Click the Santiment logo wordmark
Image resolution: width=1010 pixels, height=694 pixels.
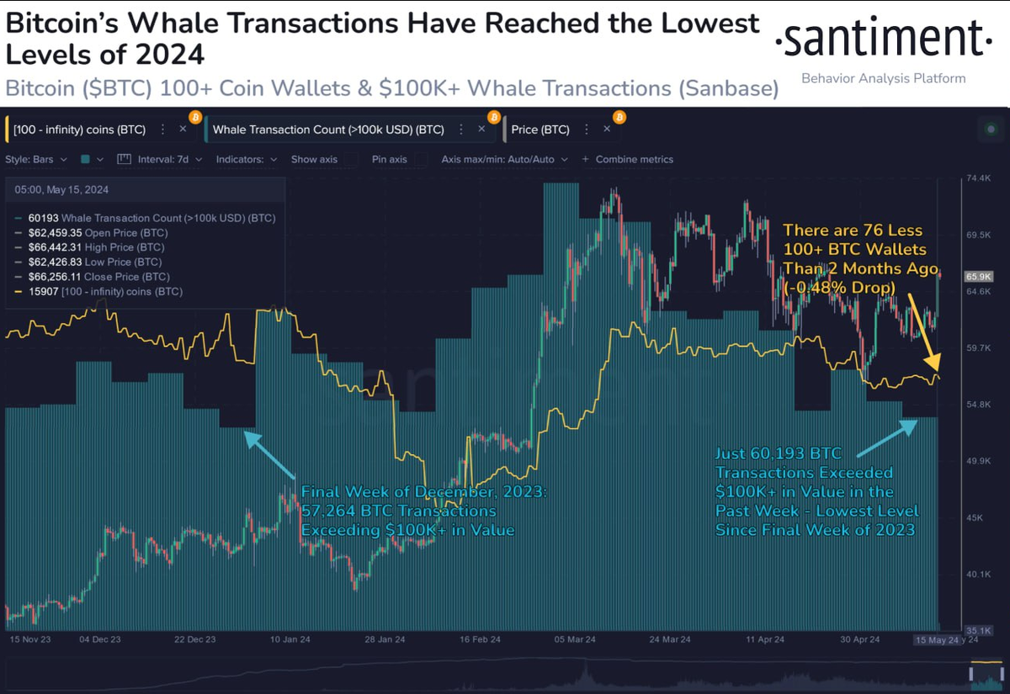coord(881,39)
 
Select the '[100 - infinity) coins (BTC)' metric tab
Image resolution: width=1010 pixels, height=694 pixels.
coord(80,130)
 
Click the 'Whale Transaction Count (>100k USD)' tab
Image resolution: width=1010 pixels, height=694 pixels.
coord(328,130)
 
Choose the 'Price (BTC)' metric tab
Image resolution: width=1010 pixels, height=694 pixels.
coord(540,130)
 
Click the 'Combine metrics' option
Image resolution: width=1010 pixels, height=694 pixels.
coord(634,159)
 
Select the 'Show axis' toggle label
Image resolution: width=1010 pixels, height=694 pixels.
coord(314,159)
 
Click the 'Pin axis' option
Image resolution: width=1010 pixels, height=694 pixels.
coord(389,159)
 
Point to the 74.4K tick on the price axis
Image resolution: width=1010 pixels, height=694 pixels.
coord(979,178)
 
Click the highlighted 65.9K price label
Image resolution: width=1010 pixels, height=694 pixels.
coord(978,276)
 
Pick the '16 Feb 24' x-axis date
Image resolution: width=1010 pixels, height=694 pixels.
coord(481,640)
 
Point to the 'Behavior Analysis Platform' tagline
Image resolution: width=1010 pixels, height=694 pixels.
coord(883,78)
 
